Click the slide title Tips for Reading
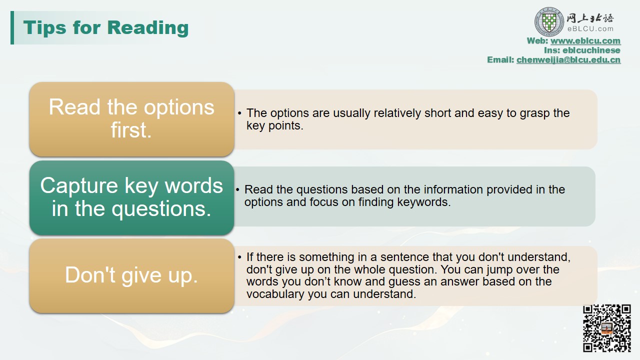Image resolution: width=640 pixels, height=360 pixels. click(x=105, y=28)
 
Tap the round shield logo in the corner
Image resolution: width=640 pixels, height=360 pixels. click(x=549, y=21)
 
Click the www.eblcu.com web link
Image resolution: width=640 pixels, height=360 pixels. click(x=585, y=41)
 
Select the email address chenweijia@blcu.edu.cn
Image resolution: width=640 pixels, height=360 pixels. click(x=568, y=59)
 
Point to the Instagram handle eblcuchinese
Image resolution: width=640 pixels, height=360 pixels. click(x=591, y=50)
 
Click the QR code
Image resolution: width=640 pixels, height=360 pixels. click(x=607, y=328)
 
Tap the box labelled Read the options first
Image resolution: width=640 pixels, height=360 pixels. click(x=131, y=119)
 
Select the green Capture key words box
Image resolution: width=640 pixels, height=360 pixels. click(x=131, y=197)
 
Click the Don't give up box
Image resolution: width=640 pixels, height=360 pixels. click(x=131, y=275)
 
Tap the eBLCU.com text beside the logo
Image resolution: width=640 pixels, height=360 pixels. click(x=590, y=29)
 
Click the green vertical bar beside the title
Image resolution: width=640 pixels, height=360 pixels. click(x=12, y=27)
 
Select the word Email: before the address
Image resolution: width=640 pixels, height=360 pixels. click(x=500, y=59)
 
